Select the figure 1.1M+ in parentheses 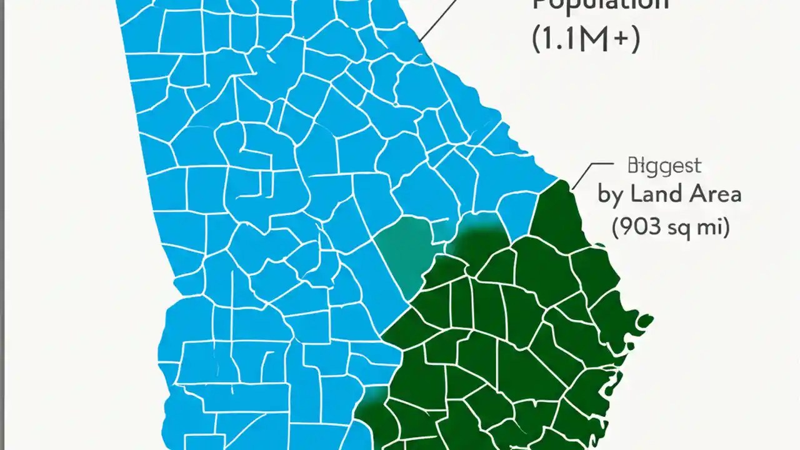tap(586, 41)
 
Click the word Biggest tap(664, 166)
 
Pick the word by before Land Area tap(611, 195)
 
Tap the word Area tap(714, 194)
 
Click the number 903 tap(641, 227)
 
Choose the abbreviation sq tap(681, 229)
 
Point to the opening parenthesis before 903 tap(616, 227)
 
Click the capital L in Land tap(637, 194)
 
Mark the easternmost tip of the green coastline tap(652, 319)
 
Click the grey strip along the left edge tap(2, 225)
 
